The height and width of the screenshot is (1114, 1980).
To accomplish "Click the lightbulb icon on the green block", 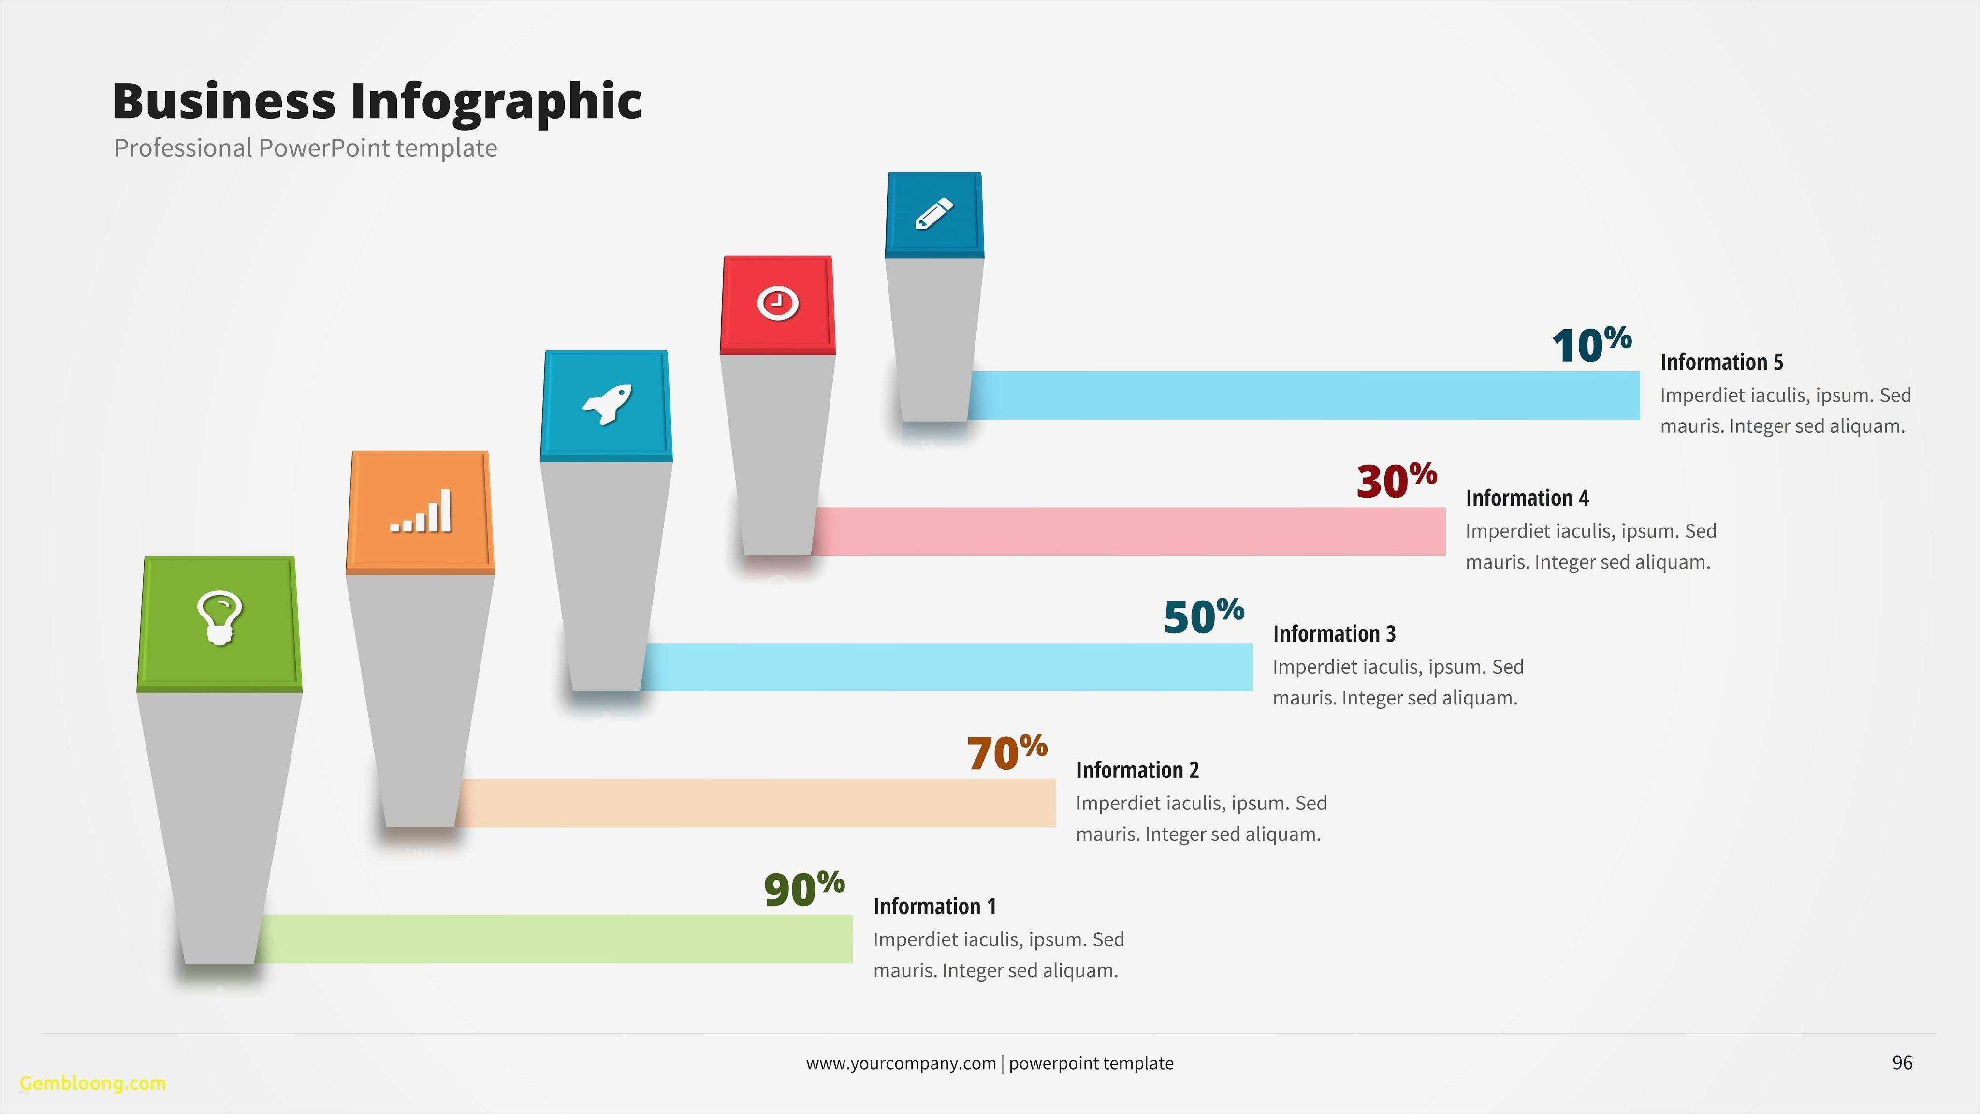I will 220,617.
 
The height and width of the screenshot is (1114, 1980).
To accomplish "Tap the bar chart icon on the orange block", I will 421,511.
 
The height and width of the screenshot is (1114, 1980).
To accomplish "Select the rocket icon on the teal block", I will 607,404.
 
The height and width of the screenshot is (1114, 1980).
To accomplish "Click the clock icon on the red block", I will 778,303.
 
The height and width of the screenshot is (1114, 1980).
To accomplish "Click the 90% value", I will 804,890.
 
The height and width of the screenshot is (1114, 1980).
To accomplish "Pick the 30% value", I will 1397,481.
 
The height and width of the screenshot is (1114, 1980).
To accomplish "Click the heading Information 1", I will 935,907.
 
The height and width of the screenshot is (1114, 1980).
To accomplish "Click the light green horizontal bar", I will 553,938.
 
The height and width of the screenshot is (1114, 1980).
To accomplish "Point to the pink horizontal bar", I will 1130,531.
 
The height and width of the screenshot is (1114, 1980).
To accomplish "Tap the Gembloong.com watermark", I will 93,1083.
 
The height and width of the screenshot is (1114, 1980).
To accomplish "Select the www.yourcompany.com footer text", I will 901,1063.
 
